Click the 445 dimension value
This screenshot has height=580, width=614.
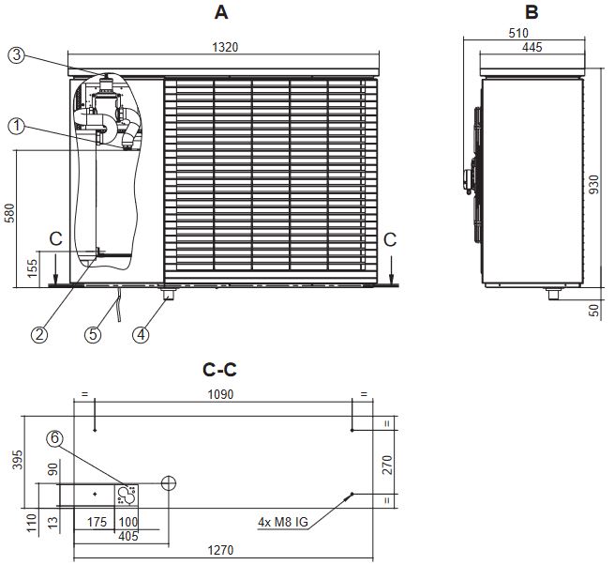(532, 47)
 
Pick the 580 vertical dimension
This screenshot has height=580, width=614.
(10, 215)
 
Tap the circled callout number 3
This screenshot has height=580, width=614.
(16, 54)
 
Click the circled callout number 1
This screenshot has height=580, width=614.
(16, 124)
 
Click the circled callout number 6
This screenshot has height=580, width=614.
(55, 437)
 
